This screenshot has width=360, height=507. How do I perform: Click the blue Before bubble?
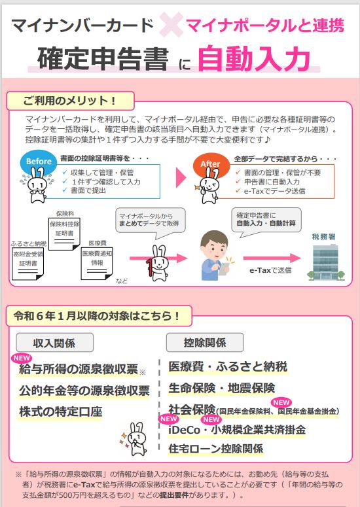coord(39,162)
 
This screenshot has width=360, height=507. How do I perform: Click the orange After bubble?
coord(211,164)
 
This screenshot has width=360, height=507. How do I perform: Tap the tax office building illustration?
coord(326,262)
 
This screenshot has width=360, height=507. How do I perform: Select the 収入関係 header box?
coord(55,342)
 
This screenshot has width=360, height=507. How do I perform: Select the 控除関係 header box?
coord(205,342)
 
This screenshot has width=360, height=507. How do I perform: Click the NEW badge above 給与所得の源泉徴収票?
coord(22,358)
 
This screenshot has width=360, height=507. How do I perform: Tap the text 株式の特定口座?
coord(60,411)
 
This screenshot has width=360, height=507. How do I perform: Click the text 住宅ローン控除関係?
coord(215,449)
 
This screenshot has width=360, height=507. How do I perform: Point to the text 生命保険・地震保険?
coord(221,388)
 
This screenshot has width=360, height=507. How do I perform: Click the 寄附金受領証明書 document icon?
coord(27,263)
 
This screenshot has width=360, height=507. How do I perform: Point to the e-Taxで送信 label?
coord(270,270)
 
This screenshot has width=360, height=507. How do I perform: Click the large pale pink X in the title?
coord(171,25)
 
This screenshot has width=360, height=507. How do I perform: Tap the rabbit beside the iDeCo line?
coord(135,438)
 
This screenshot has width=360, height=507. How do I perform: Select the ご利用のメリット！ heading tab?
coord(70,101)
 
